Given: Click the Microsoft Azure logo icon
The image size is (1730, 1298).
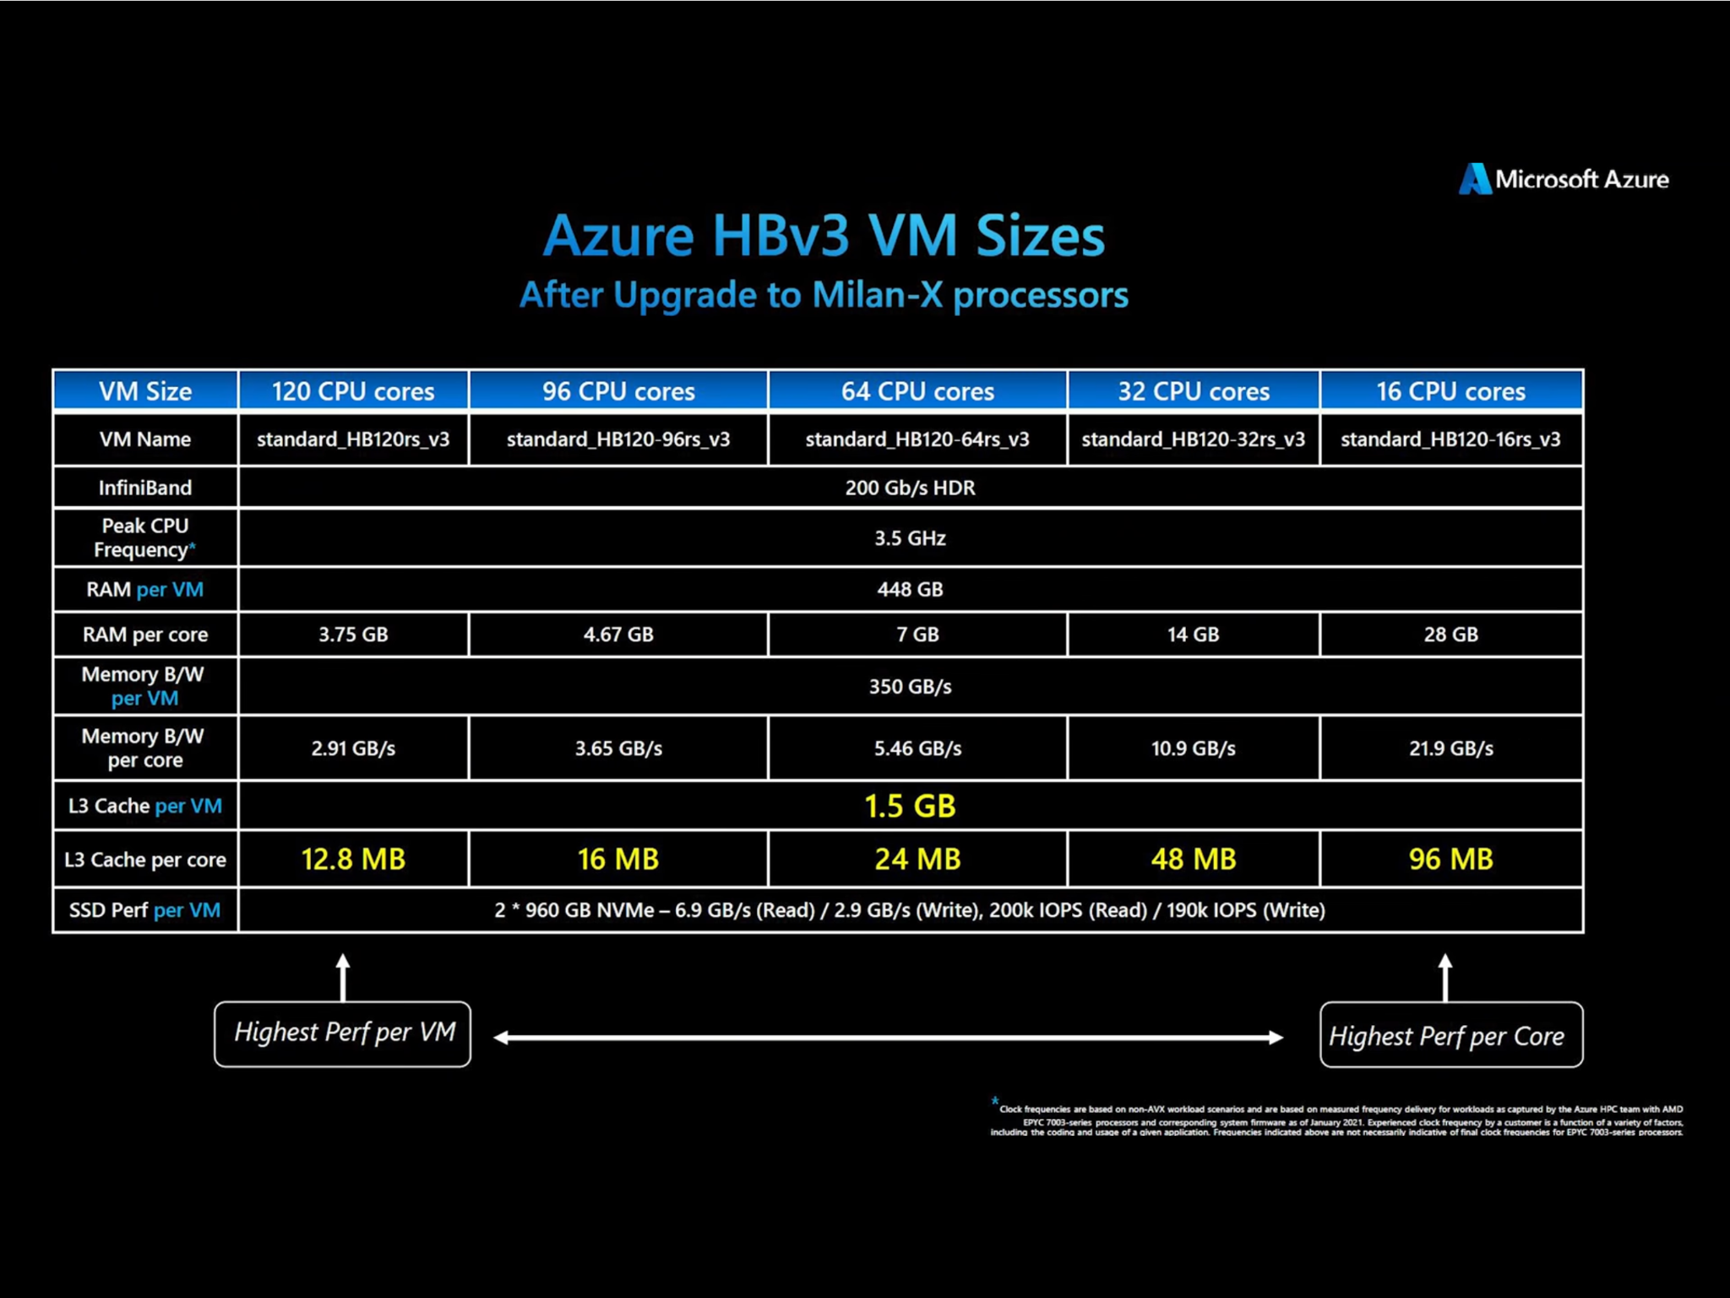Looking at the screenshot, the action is coord(1475,178).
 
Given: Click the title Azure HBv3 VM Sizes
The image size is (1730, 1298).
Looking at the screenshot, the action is coord(824,235).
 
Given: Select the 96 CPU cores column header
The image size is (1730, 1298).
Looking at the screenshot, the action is coord(618,391).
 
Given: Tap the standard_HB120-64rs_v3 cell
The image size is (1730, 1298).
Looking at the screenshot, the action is coord(917,439).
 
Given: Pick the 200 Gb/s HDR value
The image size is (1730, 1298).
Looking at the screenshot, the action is coord(910,488).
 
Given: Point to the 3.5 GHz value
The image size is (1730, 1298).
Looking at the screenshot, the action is coord(910,538).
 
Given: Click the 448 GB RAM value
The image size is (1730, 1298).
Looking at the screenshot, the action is coord(910,589).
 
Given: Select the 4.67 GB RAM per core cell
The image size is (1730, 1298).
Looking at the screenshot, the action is coord(618,635).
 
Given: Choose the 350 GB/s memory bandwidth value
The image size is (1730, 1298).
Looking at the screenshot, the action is coord(910,686).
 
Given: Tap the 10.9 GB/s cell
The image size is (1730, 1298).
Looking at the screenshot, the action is coord(1193,749).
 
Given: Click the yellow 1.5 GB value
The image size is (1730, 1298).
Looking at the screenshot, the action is coord(910,806).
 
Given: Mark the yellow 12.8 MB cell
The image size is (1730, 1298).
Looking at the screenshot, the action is coord(353,859).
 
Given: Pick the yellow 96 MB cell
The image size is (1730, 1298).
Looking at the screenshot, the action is coord(1450,859).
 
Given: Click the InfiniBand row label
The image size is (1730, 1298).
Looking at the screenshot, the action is coord(145,488).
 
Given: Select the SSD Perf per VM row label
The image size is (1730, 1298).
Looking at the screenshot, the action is coord(145,910).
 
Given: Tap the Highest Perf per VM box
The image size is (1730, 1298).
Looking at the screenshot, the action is coord(343,1033).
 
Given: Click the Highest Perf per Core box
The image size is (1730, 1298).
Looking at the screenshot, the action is coord(1451,1034).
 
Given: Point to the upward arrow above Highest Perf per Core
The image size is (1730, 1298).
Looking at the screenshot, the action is coord(1445,978).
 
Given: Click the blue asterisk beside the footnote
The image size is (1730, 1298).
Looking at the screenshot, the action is coord(995,1100).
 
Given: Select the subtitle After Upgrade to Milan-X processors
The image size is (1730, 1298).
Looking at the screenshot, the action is coord(824,295).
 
